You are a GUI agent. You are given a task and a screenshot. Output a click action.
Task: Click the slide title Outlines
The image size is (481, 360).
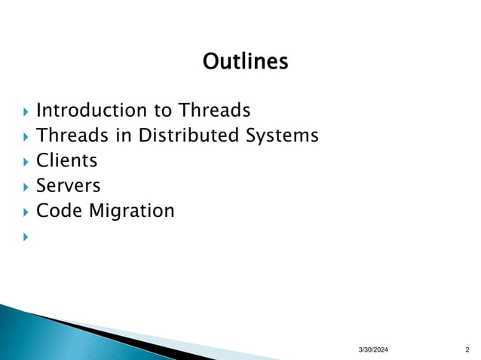coord(246,60)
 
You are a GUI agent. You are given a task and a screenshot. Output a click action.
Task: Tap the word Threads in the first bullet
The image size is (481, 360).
coord(214,111)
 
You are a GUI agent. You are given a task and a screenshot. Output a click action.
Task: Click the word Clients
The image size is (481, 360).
coord(67,160)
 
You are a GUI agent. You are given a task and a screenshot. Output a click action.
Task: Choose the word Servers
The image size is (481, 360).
coord(69,185)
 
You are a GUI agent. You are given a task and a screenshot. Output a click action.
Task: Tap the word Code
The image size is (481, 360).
coord(60,210)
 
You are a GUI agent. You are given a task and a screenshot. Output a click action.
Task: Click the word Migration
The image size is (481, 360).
coord(132,211)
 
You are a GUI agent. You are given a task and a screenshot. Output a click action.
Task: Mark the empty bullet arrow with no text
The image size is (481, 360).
coord(25,236)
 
